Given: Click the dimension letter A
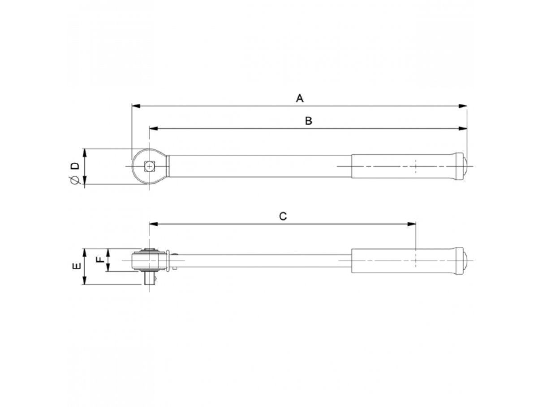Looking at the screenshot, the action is [300, 98].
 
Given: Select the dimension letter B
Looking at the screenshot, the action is [309, 121].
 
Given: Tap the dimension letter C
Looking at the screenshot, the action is [283, 216].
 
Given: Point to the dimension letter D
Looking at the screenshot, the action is [75, 165].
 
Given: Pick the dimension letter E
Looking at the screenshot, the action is [77, 266].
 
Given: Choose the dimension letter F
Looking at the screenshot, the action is [100, 259].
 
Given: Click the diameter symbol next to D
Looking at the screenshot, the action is [74, 180].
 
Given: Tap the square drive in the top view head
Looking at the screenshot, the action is [150, 166].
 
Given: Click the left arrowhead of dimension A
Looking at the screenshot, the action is [136, 106].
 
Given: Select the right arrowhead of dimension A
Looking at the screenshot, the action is [462, 106].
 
